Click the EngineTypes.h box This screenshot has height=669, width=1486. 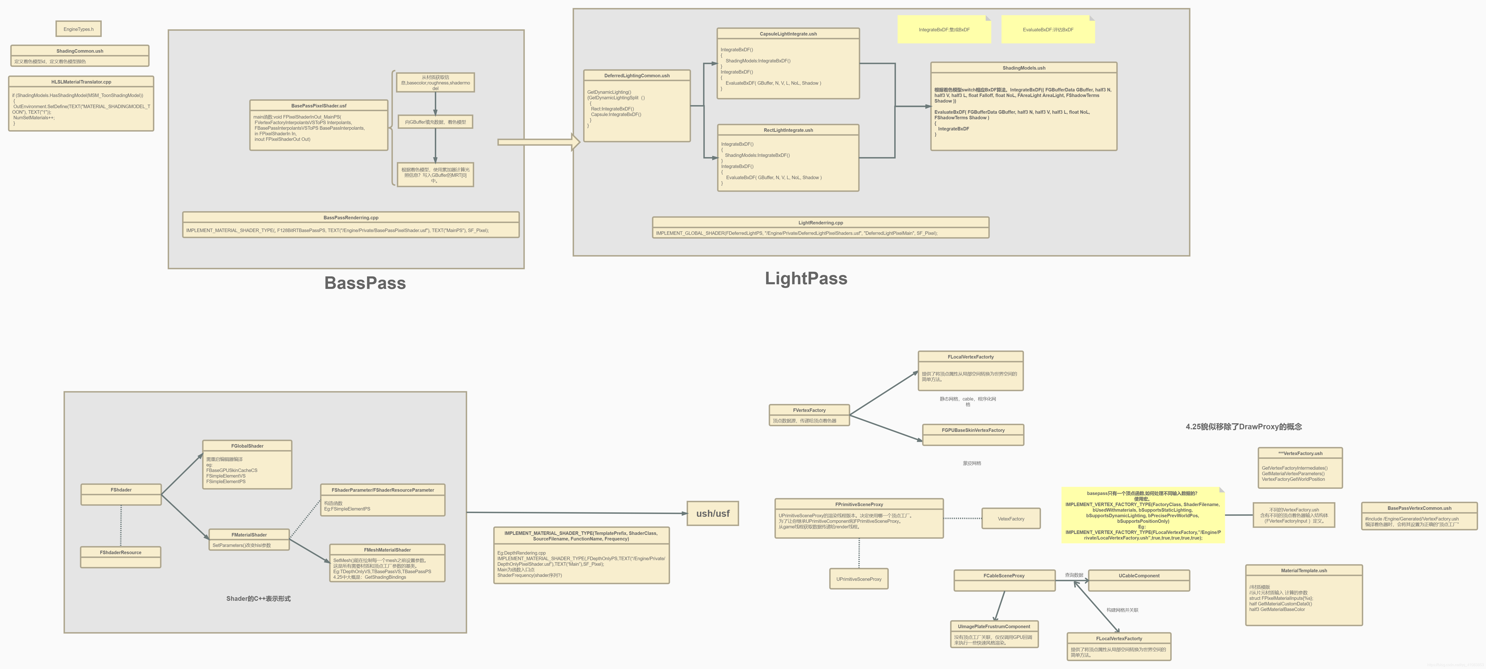tap(78, 29)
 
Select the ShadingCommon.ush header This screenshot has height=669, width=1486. tap(80, 51)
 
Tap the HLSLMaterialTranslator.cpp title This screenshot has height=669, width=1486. tap(81, 82)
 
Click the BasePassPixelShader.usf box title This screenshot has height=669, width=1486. tap(319, 106)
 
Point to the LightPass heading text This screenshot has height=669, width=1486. tap(806, 278)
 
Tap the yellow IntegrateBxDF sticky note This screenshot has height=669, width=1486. tap(944, 29)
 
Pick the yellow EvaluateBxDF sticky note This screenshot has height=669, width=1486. tap(1048, 29)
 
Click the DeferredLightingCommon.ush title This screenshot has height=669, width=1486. tap(637, 76)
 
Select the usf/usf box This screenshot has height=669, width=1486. tap(712, 513)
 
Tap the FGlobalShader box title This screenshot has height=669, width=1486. tap(247, 446)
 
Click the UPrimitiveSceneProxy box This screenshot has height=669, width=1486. tap(858, 579)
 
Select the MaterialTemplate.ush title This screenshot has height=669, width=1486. tap(1304, 570)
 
